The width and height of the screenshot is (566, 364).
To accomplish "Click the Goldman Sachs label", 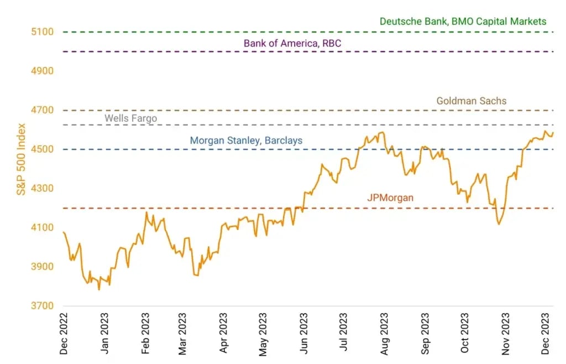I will coord(471,101).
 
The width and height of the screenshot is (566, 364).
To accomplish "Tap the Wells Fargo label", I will coord(131,118).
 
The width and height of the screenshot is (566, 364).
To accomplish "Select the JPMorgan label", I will coord(390,197).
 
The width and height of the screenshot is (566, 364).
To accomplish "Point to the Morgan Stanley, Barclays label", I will coord(246,141).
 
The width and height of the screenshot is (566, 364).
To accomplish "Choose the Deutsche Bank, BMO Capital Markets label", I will coord(463,22).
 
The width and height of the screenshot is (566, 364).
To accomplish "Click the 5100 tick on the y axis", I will coord(42,32).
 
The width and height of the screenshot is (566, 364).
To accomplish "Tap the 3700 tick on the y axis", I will coord(42,306).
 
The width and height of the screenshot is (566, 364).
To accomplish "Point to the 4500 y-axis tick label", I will coord(42,149).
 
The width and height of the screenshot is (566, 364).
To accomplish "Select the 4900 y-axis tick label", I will coord(42,71).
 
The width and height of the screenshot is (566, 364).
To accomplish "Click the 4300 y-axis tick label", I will coord(42,189).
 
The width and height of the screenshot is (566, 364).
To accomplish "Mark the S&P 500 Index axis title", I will coord(20,159).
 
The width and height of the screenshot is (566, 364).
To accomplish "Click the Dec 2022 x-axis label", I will coord(65,334).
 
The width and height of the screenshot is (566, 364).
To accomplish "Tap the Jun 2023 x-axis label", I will coord(303,334).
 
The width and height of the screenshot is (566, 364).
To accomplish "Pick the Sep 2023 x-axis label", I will coord(424,334).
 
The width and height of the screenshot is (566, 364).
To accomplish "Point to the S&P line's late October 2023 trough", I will coord(499,224).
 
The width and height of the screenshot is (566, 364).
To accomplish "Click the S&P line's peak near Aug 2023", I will coord(381,132).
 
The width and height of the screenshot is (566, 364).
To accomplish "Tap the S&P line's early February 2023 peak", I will coord(146,212).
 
